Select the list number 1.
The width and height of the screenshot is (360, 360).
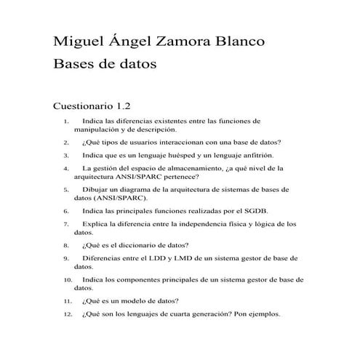pyautogui.click(x=66, y=121)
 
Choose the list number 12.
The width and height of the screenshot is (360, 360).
pyautogui.click(x=68, y=315)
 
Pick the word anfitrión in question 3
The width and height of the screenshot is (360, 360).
pyautogui.click(x=254, y=155)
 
